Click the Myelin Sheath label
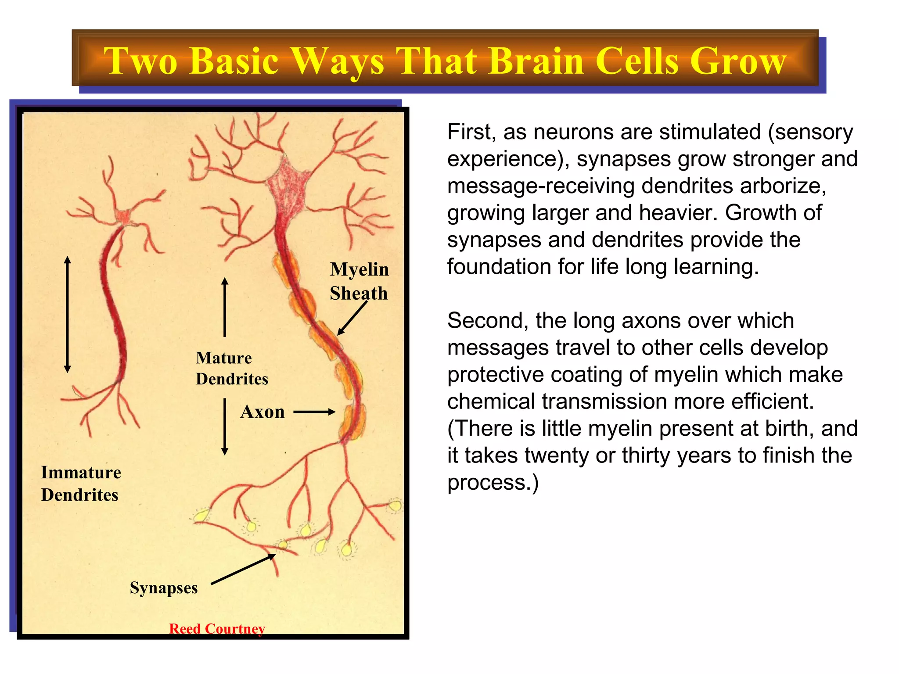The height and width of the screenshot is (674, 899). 359,281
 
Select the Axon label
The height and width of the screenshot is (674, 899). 263,412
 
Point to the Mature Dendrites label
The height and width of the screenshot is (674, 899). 232,368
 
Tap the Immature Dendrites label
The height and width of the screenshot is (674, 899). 81,484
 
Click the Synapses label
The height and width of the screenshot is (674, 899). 164,588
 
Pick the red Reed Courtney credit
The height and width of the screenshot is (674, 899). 217,628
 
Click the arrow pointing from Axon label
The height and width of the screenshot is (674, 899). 314,412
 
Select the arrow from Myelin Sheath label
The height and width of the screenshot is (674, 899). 352,318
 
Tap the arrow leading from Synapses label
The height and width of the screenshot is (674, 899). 243,569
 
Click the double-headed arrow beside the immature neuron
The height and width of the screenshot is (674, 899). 67,314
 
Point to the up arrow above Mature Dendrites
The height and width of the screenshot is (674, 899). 225,307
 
